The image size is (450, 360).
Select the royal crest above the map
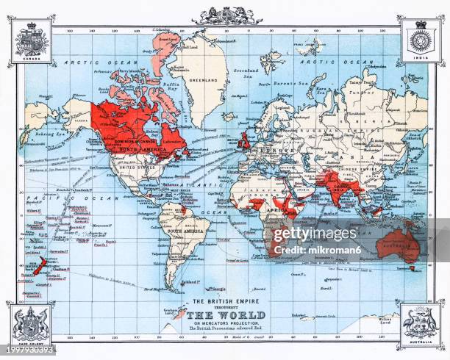pyautogui.click(x=226, y=15)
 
